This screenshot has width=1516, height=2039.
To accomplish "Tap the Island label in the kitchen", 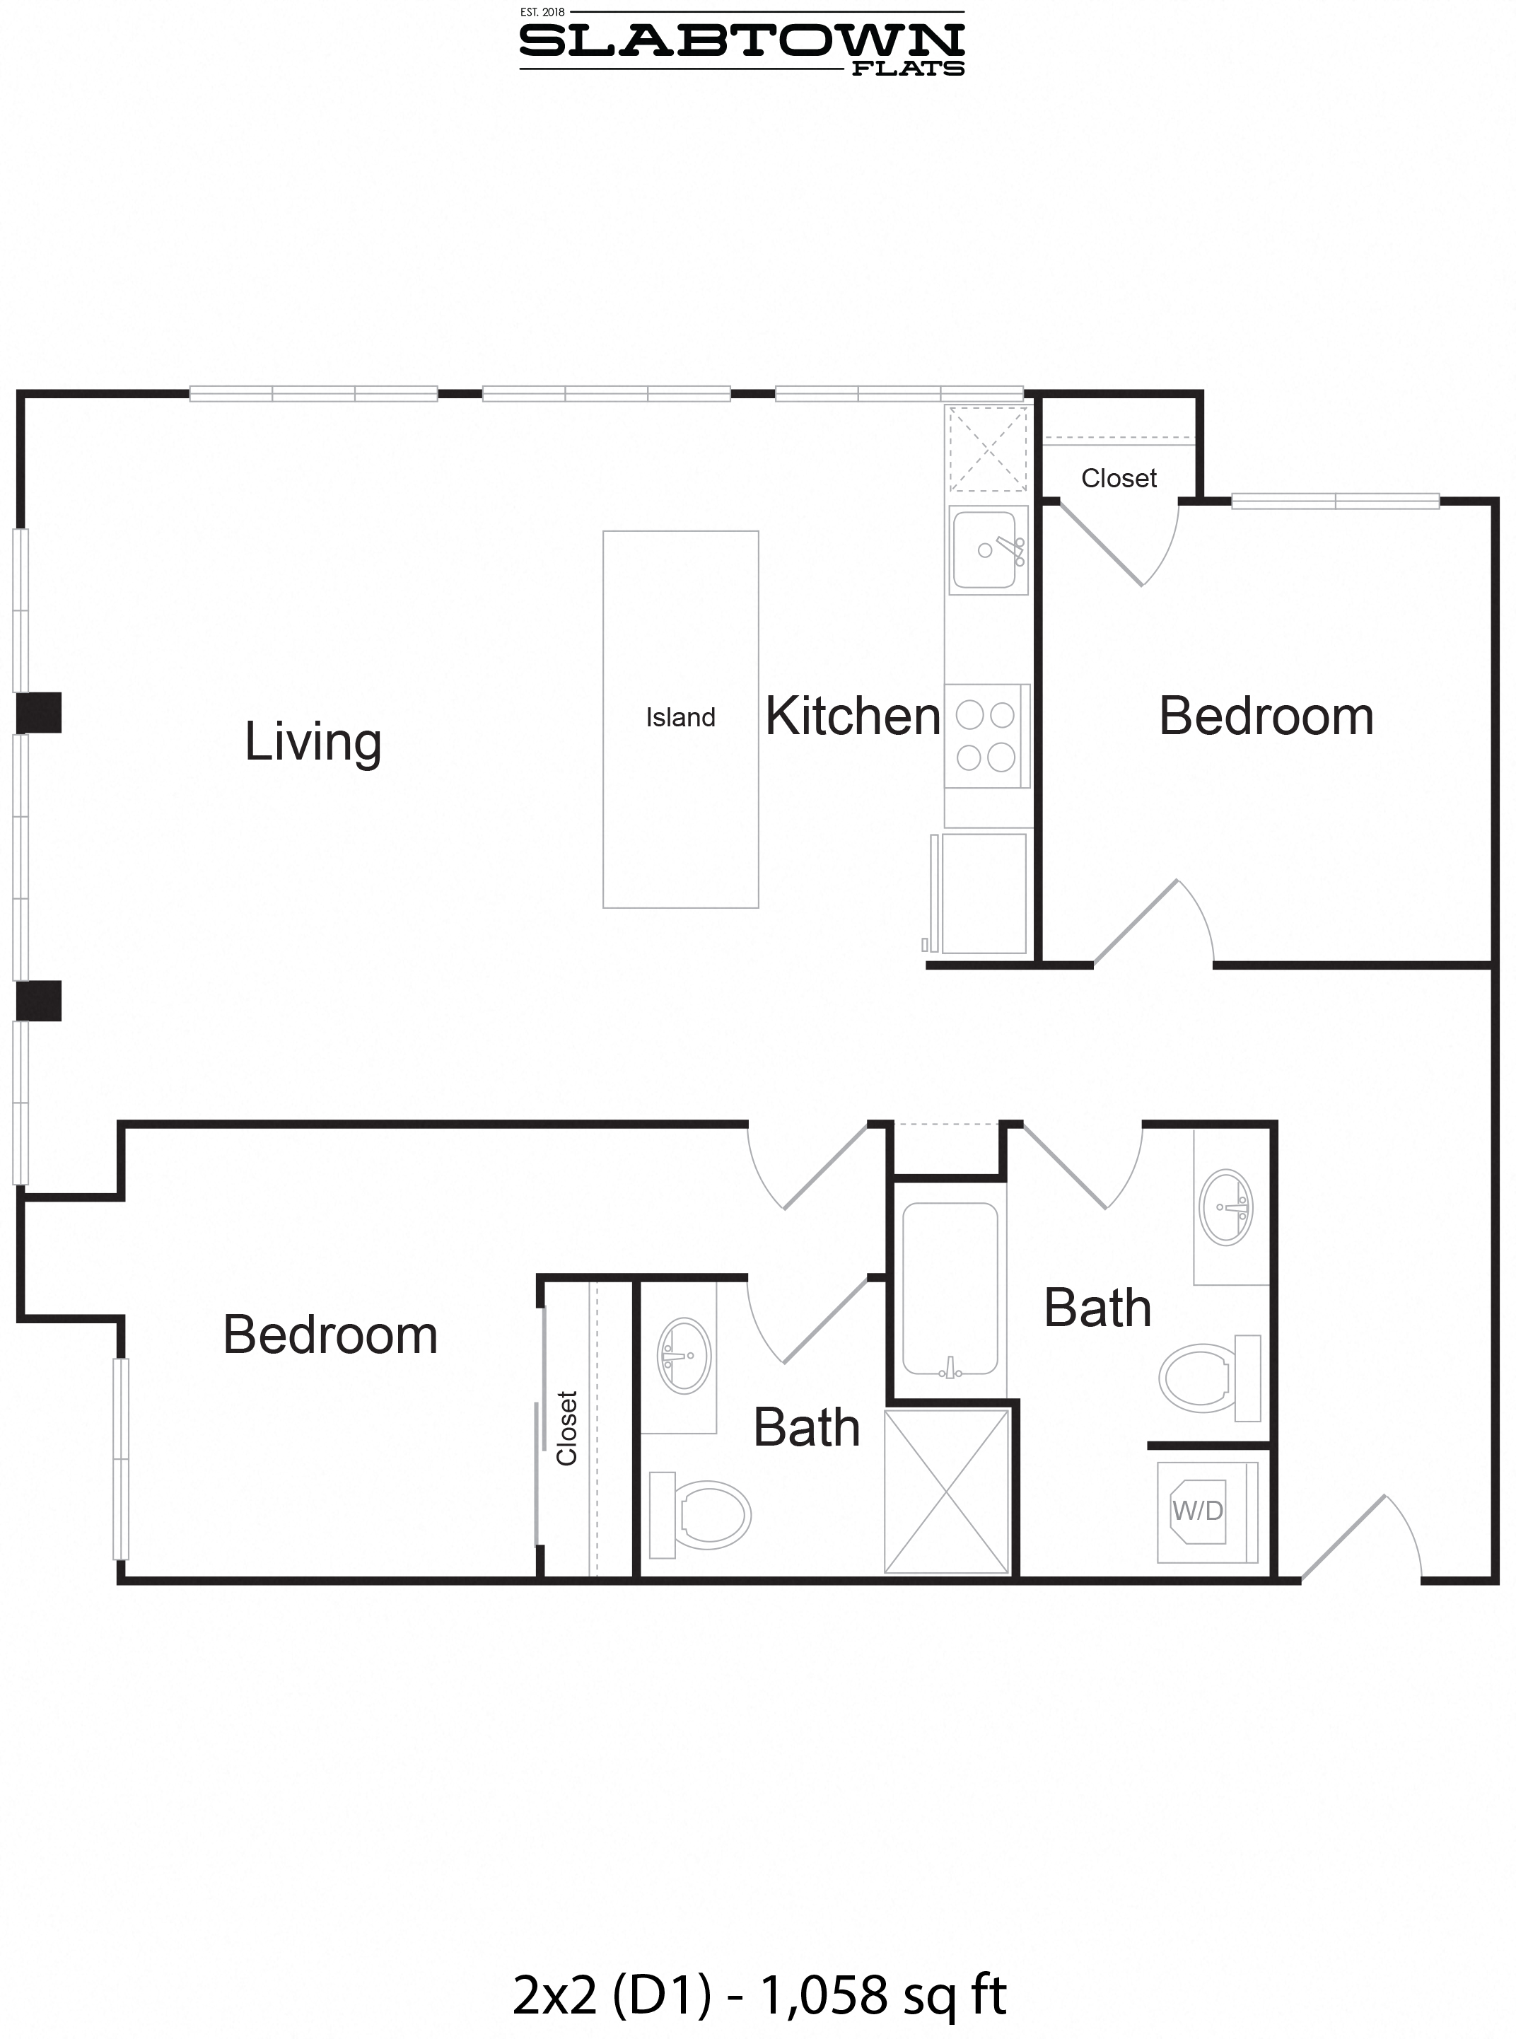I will pyautogui.click(x=680, y=718).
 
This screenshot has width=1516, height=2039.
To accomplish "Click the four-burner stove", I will pyautogui.click(x=986, y=736).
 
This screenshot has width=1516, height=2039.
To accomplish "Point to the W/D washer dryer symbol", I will pyautogui.click(x=1198, y=1511).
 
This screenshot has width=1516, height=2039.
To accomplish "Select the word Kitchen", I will pyautogui.click(x=853, y=716).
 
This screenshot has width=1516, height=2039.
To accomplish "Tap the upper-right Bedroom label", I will pyautogui.click(x=1266, y=716).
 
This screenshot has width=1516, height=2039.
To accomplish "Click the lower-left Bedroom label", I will pyautogui.click(x=330, y=1335).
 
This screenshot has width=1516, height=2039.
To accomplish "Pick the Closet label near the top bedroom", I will pyautogui.click(x=1119, y=478).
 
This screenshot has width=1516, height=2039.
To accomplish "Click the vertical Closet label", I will pyautogui.click(x=567, y=1429).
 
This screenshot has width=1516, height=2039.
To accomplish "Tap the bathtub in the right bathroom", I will pyautogui.click(x=950, y=1289).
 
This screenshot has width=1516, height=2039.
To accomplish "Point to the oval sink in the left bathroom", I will pyautogui.click(x=684, y=1357).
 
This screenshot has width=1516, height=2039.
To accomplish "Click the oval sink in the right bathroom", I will pyautogui.click(x=1227, y=1207).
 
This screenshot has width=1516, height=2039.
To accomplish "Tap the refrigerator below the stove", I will pyautogui.click(x=983, y=892).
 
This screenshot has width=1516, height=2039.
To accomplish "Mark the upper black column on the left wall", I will pyautogui.click(x=39, y=713).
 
